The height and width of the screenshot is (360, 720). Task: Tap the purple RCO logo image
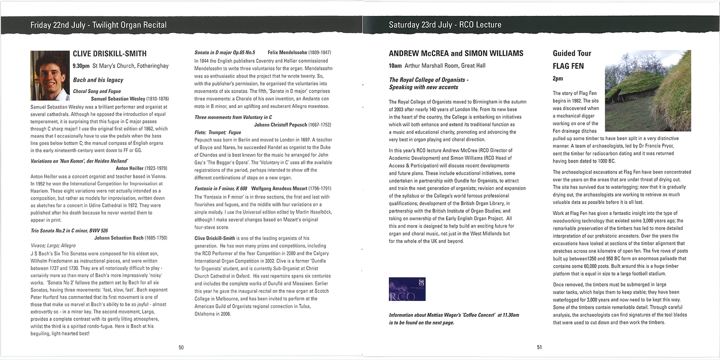[x=407, y=289]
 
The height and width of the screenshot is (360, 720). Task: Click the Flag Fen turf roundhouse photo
[x=648, y=91]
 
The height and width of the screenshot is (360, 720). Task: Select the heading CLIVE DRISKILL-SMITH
[x=109, y=54]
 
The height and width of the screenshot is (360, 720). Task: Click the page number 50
[x=181, y=347]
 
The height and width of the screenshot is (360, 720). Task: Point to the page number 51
[x=540, y=347]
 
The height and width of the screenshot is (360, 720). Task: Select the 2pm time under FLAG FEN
[x=558, y=78]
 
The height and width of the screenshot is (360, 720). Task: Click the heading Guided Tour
[x=572, y=53]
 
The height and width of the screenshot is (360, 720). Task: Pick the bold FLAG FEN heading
[x=568, y=66]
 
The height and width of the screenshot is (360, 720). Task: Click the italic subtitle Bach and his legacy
[x=98, y=80]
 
